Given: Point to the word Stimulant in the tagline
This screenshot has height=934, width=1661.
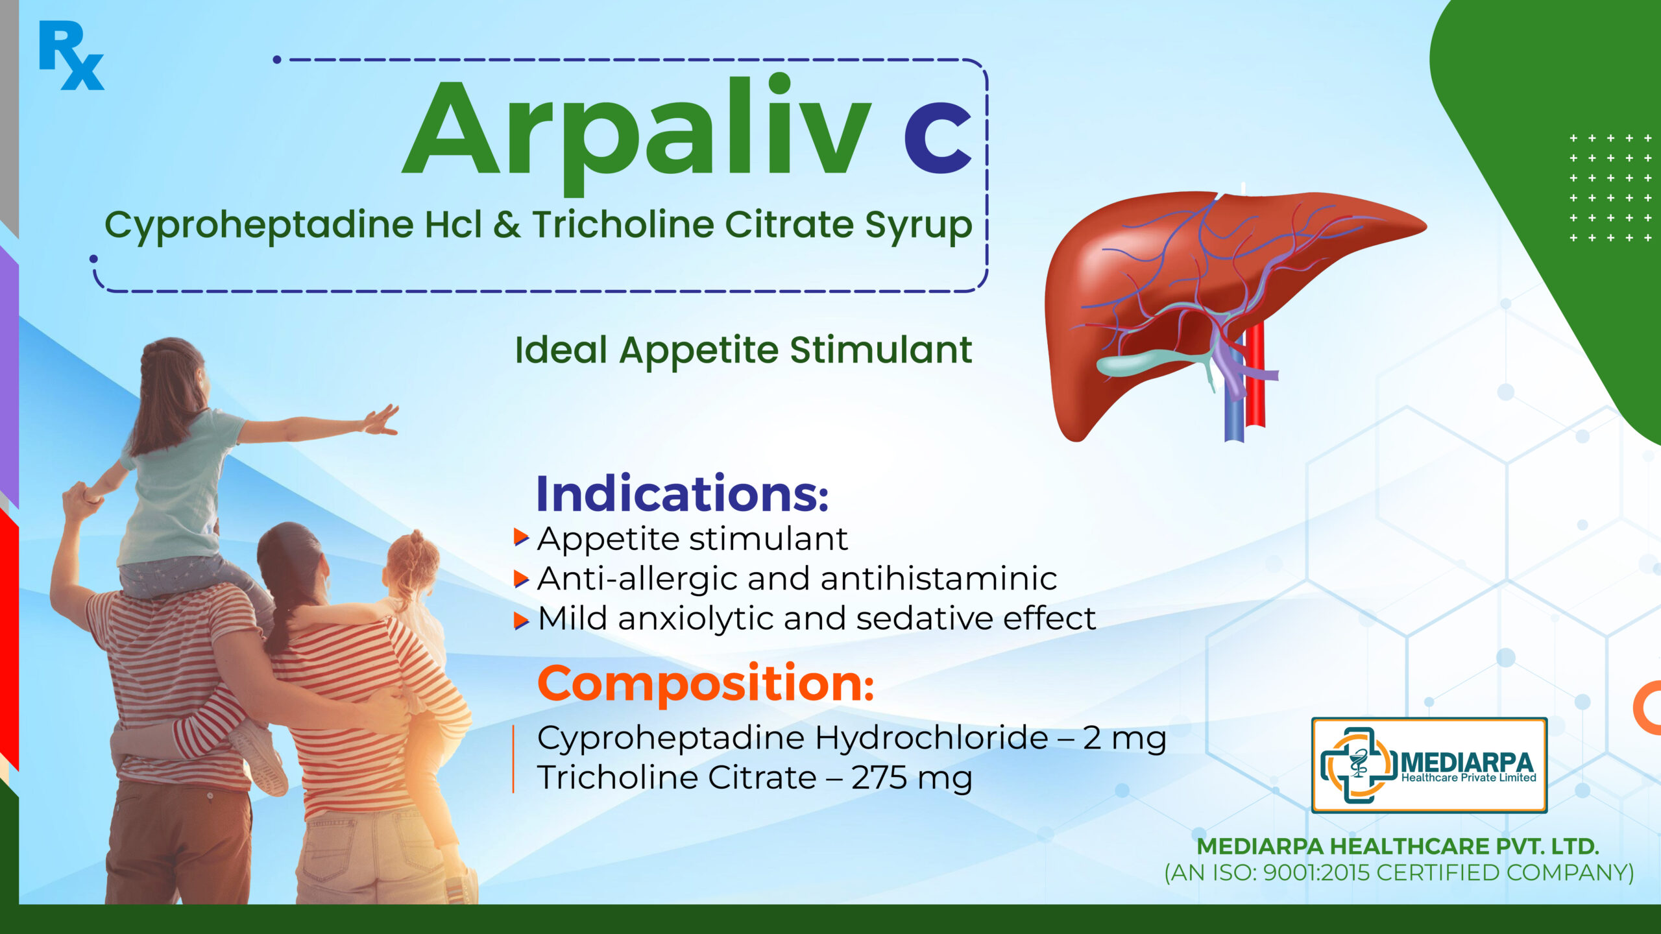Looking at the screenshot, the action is (x=881, y=350).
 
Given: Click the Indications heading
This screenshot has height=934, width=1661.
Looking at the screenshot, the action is (x=682, y=494).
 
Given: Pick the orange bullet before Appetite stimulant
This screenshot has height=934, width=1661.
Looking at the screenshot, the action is (x=521, y=537).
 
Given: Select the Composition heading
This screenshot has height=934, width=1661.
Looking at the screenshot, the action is (x=706, y=684).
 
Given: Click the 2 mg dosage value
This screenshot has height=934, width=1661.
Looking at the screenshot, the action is (x=1124, y=739).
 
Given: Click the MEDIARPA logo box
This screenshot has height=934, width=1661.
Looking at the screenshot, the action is (x=1429, y=765).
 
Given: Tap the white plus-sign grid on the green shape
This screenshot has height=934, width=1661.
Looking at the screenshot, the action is (x=1610, y=188).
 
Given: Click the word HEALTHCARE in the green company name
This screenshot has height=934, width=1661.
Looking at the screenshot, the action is (x=1406, y=846).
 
